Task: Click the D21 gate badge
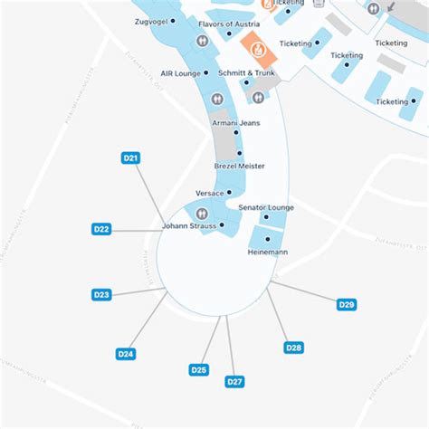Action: coord(130,158)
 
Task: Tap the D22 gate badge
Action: coord(102,229)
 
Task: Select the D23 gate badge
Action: coord(102,294)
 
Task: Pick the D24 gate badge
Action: coord(126,354)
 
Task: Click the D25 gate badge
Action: coord(199,369)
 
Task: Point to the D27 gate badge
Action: coord(234,382)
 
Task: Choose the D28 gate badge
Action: coord(293,348)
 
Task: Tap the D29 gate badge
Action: coord(346,305)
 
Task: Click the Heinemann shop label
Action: coord(267,252)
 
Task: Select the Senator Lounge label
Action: coord(266,208)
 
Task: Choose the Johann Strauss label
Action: coord(189,225)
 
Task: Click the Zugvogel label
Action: coord(153,20)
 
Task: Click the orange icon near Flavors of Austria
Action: coord(255,42)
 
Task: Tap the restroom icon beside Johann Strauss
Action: coord(202,214)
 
